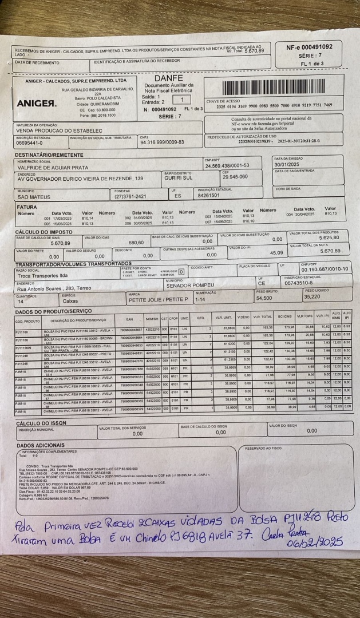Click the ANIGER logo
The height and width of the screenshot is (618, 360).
coord(37,104)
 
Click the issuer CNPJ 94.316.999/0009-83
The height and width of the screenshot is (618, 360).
coord(162,142)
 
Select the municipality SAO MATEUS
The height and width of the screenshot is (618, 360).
coord(34,196)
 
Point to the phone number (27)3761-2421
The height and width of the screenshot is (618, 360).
coord(130,196)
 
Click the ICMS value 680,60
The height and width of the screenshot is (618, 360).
coord(136,243)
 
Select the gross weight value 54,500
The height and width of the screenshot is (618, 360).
coord(264,298)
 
